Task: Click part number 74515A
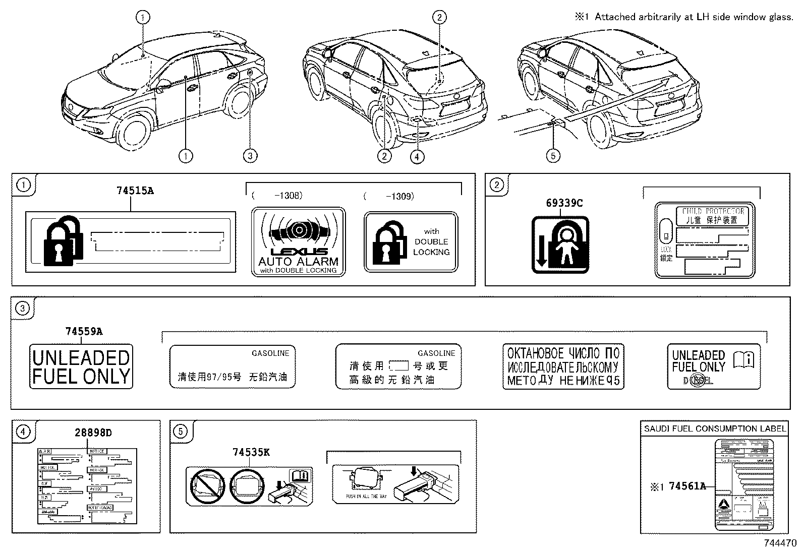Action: [135, 191]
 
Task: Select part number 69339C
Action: [564, 203]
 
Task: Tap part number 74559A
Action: [84, 332]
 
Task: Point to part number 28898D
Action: [94, 433]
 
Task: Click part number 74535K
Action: [251, 452]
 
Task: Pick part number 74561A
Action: [687, 486]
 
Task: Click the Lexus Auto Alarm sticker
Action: [298, 242]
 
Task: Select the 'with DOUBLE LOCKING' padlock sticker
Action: [411, 242]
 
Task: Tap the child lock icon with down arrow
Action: [560, 244]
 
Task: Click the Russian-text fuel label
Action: [563, 366]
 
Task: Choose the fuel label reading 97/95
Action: [233, 366]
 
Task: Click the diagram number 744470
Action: [779, 543]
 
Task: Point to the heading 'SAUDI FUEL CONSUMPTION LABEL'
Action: [715, 429]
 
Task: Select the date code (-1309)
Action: [388, 196]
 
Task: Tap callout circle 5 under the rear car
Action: [553, 156]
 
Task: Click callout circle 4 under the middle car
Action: [417, 157]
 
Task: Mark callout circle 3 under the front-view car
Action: [250, 156]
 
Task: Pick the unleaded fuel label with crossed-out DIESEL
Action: [713, 366]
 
